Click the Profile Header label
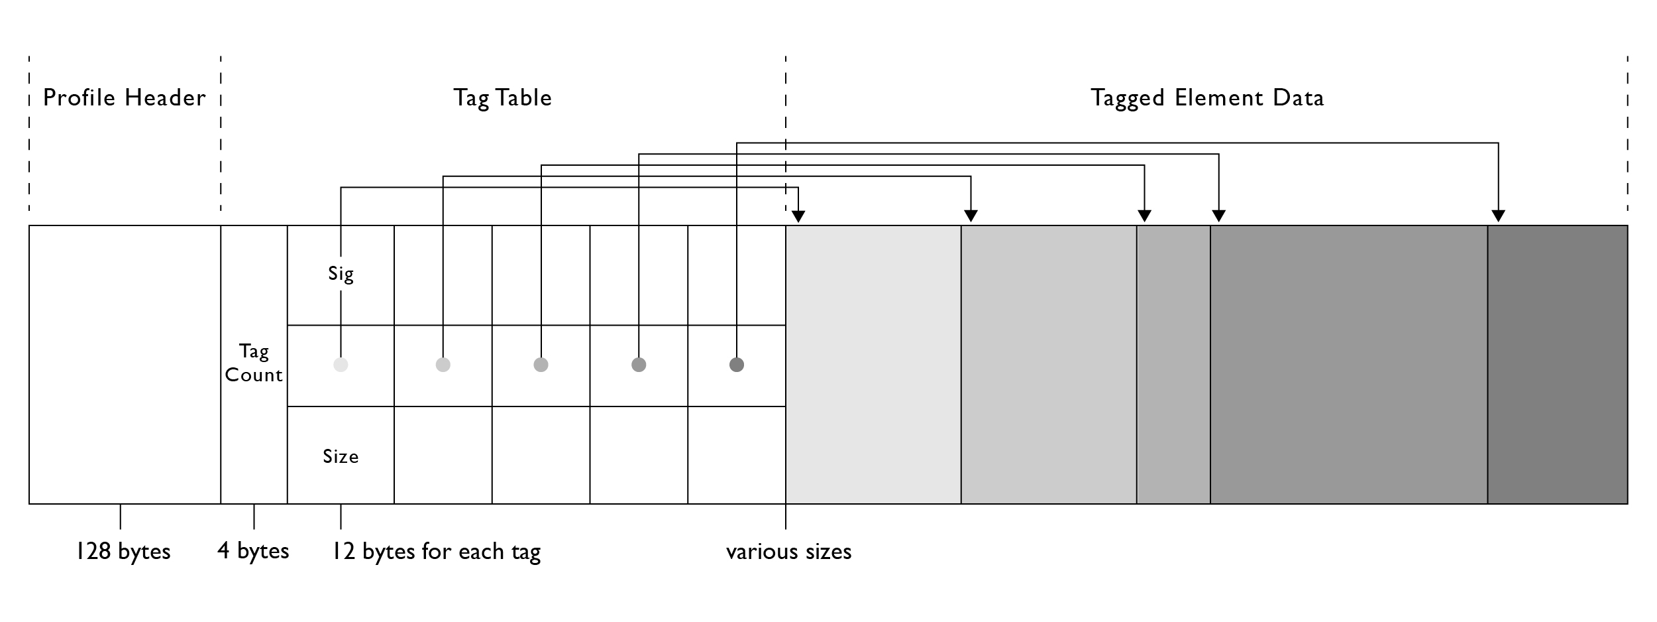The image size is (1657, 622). tap(124, 98)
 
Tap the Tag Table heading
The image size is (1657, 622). tap(502, 98)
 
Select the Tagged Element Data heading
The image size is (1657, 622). tap(1206, 98)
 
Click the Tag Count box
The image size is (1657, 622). tap(254, 363)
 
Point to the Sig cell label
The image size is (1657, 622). tap(341, 273)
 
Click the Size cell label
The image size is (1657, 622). tap(341, 456)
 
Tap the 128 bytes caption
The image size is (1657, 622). tap(123, 551)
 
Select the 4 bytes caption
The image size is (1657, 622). tap(253, 551)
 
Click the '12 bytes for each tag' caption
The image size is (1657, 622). tap(436, 551)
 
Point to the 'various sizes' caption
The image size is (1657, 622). tap(788, 551)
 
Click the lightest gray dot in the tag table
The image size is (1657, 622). tap(341, 365)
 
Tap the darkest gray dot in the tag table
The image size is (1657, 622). tap(736, 365)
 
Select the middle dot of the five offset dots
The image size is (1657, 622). tap(541, 365)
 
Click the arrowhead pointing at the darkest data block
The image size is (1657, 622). tap(1498, 216)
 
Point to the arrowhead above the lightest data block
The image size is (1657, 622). tap(798, 216)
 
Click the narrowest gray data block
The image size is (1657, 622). tap(1173, 365)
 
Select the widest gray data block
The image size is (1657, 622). tap(1348, 365)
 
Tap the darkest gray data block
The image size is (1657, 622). tap(1557, 365)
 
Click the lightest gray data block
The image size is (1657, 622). tap(873, 365)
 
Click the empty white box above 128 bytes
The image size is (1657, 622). tap(125, 365)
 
